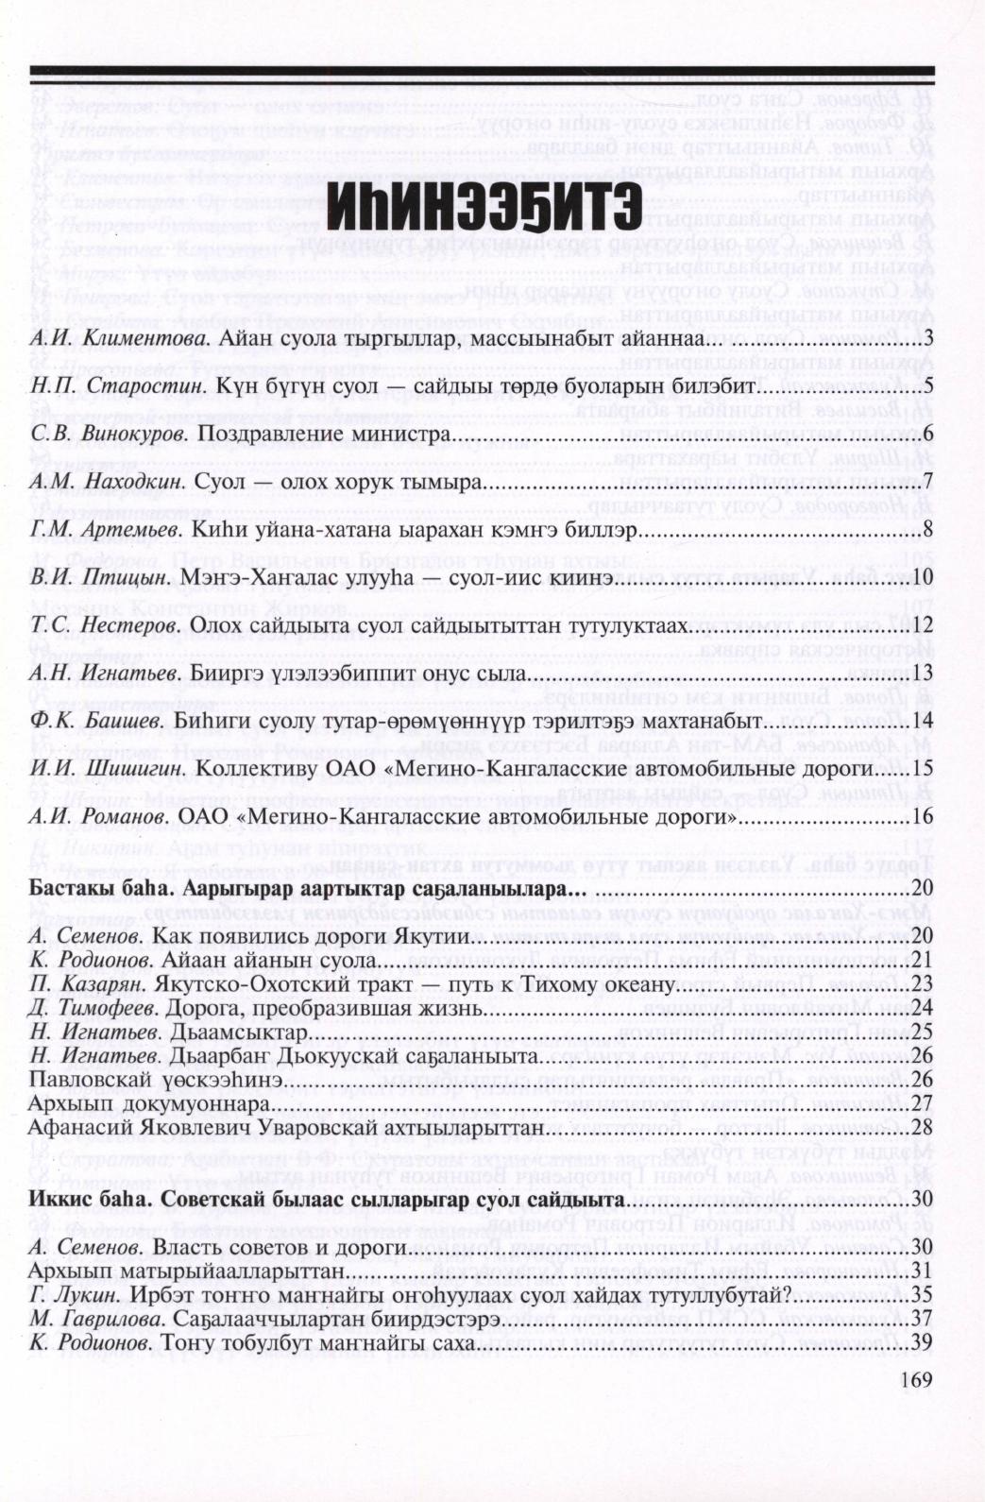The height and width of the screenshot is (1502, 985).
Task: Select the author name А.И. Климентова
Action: click(x=104, y=338)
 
